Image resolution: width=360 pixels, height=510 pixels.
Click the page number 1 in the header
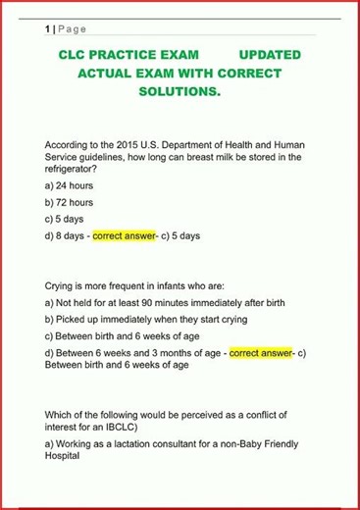(48, 29)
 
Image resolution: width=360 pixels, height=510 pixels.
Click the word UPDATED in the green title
(269, 55)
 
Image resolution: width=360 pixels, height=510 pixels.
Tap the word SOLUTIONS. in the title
(179, 91)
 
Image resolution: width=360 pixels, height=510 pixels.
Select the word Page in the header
(73, 29)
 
